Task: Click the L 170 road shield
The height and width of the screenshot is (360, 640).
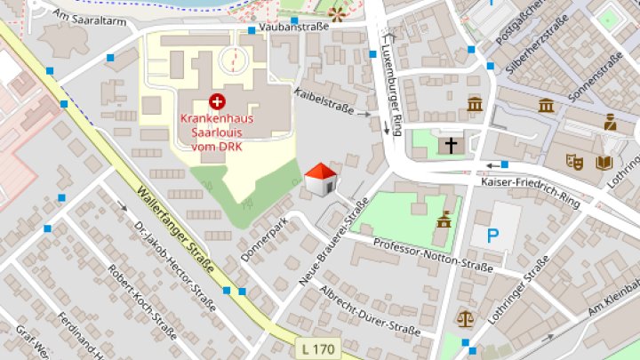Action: click(x=317, y=349)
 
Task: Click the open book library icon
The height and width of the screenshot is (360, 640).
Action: click(x=604, y=163)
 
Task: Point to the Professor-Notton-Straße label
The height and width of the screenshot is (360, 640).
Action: click(x=433, y=253)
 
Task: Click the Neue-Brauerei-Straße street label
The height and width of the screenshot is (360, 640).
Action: click(x=333, y=242)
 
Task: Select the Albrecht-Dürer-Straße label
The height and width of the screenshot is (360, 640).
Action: click(x=369, y=310)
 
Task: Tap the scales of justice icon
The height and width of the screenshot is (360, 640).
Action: click(x=465, y=317)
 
